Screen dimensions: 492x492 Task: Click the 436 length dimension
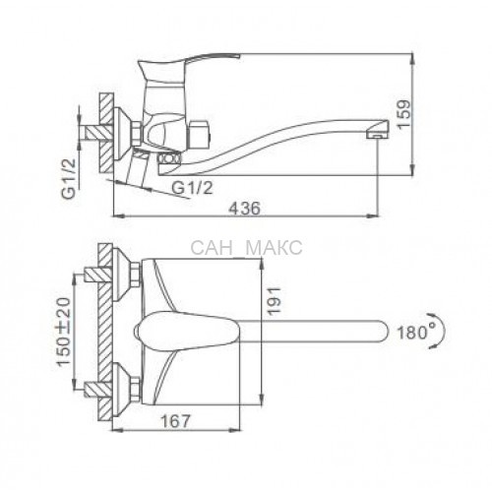[244, 209]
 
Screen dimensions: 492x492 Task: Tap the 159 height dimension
[403, 114]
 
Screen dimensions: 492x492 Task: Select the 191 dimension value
[274, 301]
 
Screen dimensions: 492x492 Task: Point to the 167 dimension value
[175, 421]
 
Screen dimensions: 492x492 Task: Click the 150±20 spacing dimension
[63, 332]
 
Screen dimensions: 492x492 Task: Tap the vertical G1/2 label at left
[69, 178]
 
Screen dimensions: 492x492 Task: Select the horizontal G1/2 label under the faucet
[192, 188]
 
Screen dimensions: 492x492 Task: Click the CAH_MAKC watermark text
[246, 248]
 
